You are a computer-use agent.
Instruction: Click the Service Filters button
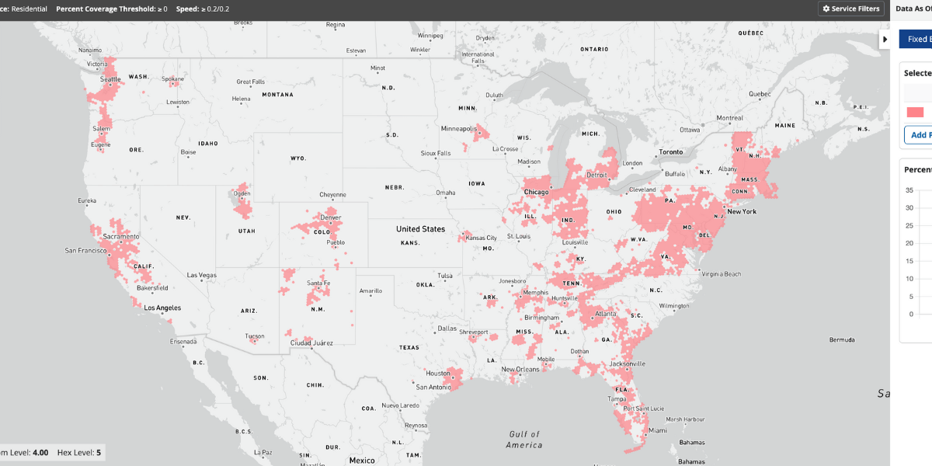[x=851, y=9]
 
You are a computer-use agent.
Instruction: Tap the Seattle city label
[x=110, y=79]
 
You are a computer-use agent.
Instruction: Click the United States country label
[x=420, y=229]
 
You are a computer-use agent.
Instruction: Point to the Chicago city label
[x=536, y=192]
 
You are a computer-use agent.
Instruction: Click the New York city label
[x=741, y=211]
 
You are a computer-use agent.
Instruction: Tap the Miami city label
[x=657, y=429]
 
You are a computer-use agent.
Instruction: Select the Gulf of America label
[x=524, y=440]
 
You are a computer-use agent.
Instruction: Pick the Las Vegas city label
[x=202, y=275]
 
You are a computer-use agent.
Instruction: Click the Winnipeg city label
[x=429, y=36]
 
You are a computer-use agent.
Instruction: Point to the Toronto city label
[x=670, y=151]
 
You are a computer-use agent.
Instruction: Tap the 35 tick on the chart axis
[x=909, y=190]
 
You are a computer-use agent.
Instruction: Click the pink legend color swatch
[x=915, y=113]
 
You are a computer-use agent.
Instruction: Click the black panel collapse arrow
[x=885, y=39]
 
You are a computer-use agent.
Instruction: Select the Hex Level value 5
[x=99, y=452]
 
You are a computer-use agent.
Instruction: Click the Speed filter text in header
[x=203, y=9]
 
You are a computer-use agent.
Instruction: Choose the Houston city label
[x=438, y=373]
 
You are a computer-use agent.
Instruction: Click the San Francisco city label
[x=92, y=251]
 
